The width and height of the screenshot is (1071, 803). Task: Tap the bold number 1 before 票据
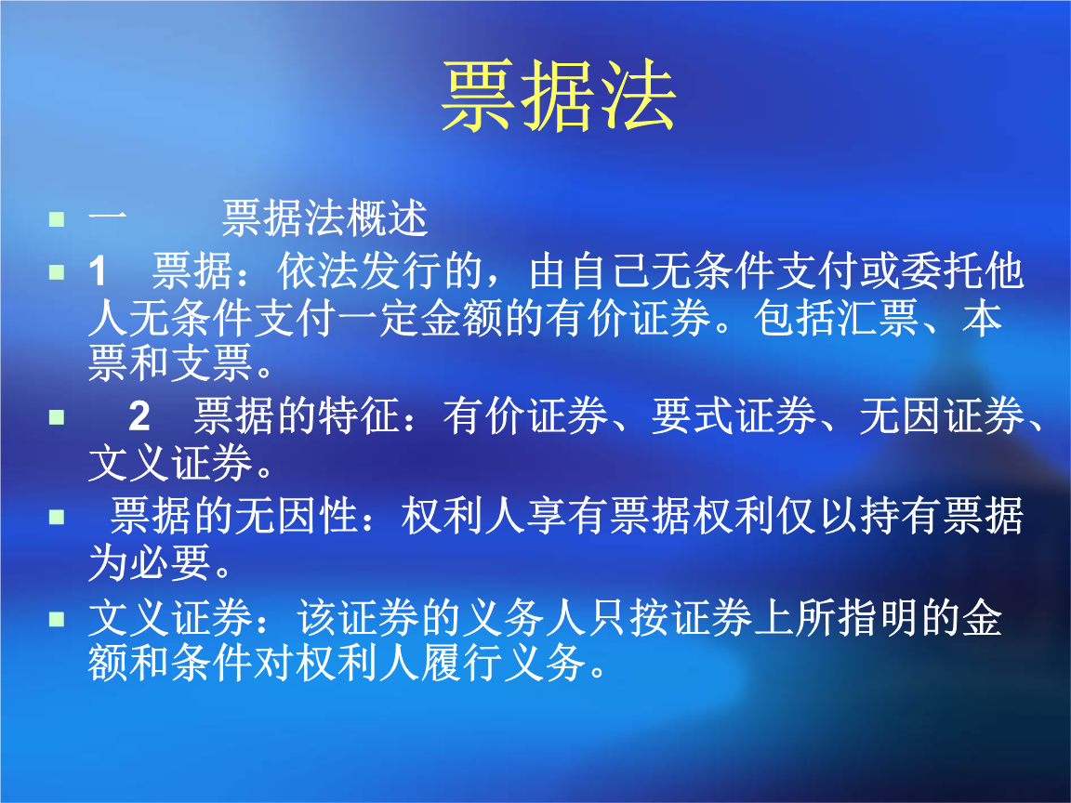pyautogui.click(x=99, y=272)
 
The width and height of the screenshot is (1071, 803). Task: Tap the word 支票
pyautogui.click(x=211, y=365)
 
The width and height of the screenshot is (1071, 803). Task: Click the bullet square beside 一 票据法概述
pyautogui.click(x=58, y=221)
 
